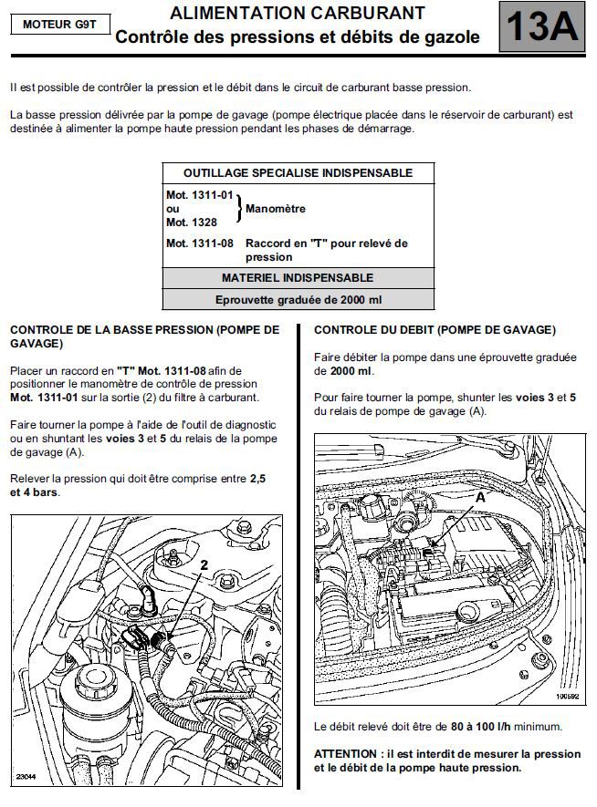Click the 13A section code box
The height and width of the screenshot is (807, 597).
(541, 27)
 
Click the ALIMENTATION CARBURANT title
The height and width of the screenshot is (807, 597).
(297, 14)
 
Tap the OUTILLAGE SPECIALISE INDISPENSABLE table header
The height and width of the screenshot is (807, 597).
(298, 172)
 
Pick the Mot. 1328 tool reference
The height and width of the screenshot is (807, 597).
(192, 222)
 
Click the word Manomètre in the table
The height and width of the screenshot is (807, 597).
(275, 209)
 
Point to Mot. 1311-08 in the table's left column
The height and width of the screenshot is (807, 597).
(200, 243)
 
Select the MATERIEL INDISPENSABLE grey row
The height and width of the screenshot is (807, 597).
(298, 278)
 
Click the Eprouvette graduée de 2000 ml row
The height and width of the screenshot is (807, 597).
(298, 299)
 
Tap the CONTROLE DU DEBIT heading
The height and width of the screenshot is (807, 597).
(434, 330)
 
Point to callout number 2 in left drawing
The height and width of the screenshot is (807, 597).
(204, 565)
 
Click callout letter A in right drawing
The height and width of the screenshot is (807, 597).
(481, 498)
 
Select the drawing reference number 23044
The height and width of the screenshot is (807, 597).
(26, 776)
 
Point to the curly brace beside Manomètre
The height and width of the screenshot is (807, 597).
(239, 209)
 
